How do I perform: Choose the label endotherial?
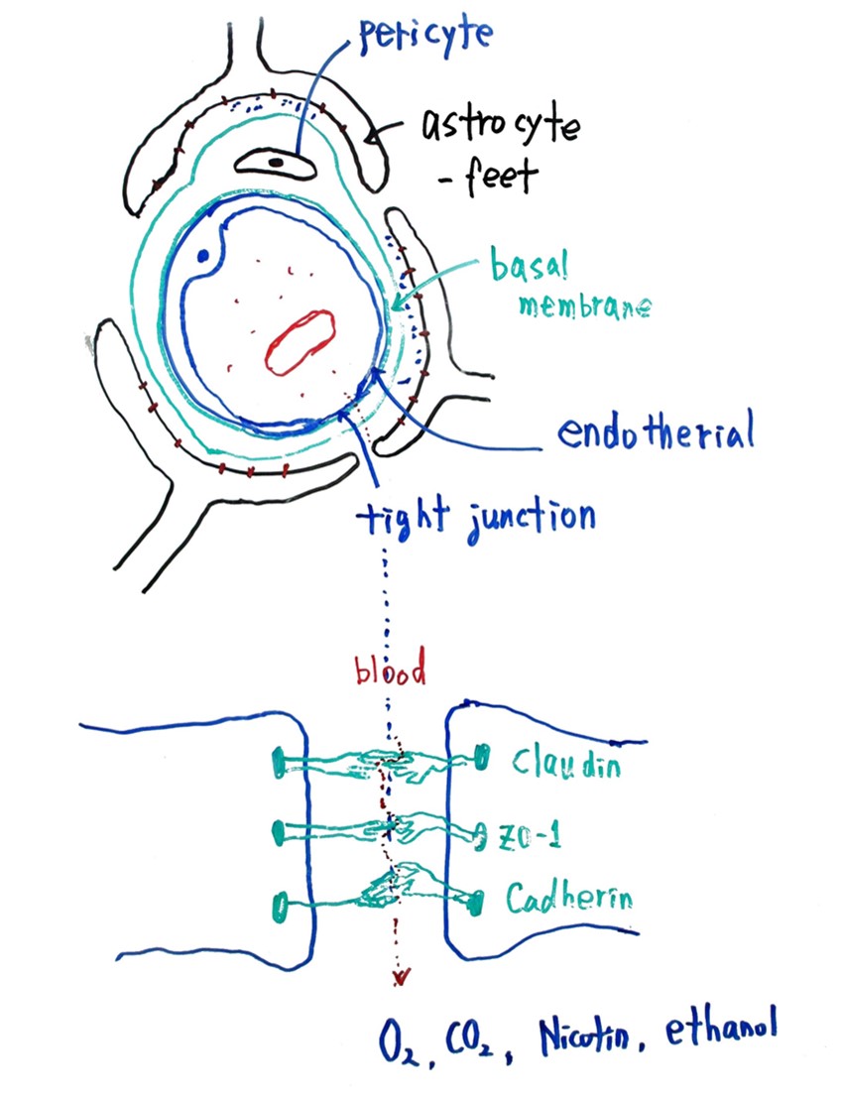click(x=657, y=432)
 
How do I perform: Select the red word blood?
click(x=391, y=670)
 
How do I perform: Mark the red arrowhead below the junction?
click(x=400, y=979)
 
